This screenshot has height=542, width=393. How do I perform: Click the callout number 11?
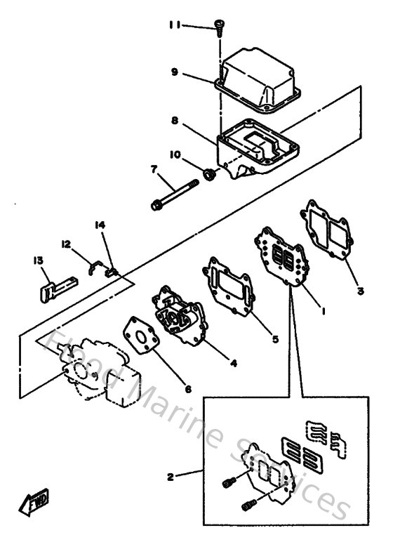pyautogui.click(x=174, y=25)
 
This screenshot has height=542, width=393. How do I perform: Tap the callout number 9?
pyautogui.click(x=174, y=71)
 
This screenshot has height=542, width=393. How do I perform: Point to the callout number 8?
pyautogui.click(x=174, y=120)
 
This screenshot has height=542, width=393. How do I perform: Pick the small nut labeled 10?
pyautogui.click(x=208, y=173)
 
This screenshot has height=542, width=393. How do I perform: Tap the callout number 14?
pyautogui.click(x=100, y=225)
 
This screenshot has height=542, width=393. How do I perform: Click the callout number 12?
pyautogui.click(x=66, y=244)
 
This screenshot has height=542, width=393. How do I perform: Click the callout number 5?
pyautogui.click(x=276, y=338)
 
